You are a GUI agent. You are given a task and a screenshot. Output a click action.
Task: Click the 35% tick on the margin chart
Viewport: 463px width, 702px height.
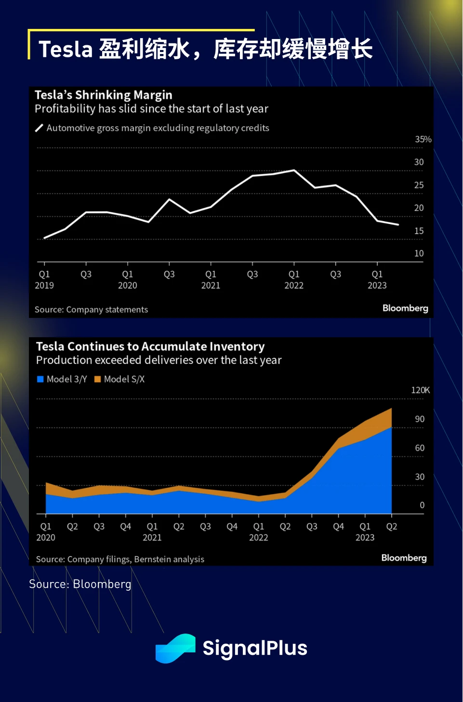click(423, 139)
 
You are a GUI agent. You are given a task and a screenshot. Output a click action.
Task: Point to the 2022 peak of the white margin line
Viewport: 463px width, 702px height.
click(294, 170)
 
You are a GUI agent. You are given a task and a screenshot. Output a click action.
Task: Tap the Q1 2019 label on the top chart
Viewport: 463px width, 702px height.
click(44, 279)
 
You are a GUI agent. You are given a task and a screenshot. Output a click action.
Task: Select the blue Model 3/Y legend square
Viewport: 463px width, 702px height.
click(40, 379)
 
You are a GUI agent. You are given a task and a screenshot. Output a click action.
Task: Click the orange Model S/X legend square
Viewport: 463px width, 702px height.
click(97, 379)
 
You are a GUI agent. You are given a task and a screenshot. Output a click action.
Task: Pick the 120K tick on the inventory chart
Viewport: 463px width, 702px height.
click(420, 390)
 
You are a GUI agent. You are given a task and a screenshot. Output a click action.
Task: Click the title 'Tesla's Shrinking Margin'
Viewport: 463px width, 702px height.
click(103, 95)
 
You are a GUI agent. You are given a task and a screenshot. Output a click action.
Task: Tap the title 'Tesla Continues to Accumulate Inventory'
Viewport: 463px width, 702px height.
click(150, 346)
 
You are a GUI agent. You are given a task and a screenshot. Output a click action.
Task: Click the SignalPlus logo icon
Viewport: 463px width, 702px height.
click(175, 649)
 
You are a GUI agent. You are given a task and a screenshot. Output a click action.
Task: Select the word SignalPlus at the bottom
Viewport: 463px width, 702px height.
click(255, 649)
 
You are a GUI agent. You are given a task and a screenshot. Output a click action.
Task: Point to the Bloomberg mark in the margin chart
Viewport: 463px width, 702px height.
click(405, 308)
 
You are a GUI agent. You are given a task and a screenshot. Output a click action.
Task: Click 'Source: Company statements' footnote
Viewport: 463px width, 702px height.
click(91, 310)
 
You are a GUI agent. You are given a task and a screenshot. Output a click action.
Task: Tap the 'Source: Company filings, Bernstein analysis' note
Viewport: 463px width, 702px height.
click(120, 559)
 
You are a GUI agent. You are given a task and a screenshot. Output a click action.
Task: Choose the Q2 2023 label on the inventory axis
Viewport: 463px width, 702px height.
click(392, 527)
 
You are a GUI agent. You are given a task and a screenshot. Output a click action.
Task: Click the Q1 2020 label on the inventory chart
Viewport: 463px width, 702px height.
click(46, 531)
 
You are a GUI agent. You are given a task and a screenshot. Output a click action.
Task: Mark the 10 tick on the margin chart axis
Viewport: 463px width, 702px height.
click(419, 253)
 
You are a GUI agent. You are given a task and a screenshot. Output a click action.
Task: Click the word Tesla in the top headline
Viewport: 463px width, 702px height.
click(65, 49)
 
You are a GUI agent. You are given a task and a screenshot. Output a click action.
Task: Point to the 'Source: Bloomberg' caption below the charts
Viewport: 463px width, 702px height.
click(80, 584)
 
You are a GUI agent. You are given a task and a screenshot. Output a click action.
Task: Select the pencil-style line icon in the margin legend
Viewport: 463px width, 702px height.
click(40, 128)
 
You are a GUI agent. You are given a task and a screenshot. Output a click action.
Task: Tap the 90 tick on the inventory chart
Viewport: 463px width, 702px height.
click(420, 419)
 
